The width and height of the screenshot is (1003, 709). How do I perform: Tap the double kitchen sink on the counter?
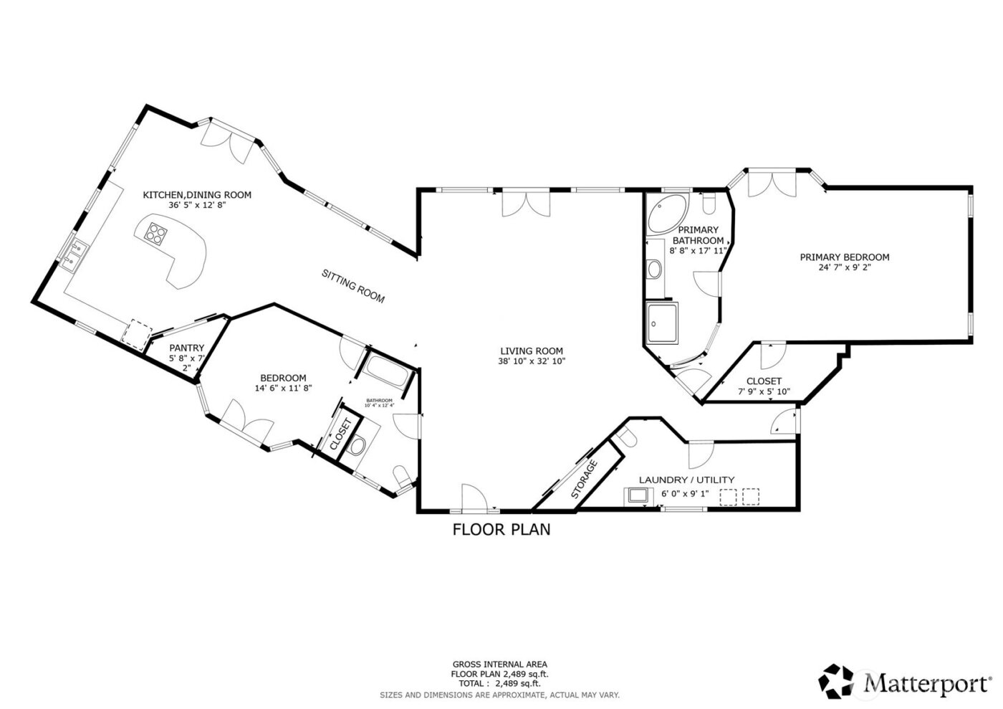(x=75, y=255)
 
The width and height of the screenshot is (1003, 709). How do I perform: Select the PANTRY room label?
(x=187, y=348)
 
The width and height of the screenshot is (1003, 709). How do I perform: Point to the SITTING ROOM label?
(x=353, y=286)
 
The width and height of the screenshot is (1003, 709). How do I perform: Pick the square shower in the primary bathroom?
(x=663, y=324)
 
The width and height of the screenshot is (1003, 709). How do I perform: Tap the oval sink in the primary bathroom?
(x=654, y=269)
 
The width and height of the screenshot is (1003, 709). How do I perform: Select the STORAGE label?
(x=585, y=479)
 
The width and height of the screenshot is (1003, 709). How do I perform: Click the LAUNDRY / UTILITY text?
(x=686, y=480)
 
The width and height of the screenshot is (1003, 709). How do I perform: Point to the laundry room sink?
(x=637, y=496)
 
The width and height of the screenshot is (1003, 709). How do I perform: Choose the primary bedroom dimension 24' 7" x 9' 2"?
(x=845, y=268)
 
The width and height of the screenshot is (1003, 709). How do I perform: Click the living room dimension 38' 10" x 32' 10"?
(x=532, y=361)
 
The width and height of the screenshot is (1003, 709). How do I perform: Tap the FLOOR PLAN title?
(x=501, y=530)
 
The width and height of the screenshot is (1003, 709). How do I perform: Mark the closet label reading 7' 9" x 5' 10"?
(x=764, y=392)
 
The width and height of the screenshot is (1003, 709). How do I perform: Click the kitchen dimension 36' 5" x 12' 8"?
(x=197, y=205)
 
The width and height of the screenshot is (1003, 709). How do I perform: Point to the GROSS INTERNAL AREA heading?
(x=499, y=665)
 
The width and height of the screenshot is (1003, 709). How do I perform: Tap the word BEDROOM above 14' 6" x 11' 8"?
(x=283, y=378)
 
